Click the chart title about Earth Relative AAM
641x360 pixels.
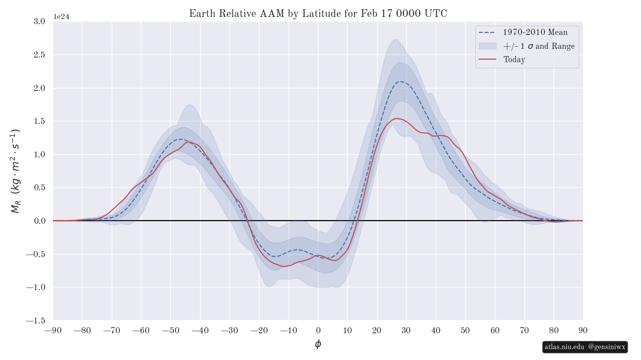[318, 14]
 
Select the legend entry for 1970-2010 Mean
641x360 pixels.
[535, 32]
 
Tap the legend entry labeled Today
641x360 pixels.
[514, 60]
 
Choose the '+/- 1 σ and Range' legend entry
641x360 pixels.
[539, 46]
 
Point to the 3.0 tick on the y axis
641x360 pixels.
[39, 22]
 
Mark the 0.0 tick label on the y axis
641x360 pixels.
[39, 221]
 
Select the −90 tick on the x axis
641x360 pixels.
[52, 330]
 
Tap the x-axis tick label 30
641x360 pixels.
[406, 330]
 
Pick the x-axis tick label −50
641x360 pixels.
[170, 330]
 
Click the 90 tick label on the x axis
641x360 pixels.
[583, 330]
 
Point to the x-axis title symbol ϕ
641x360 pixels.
[318, 344]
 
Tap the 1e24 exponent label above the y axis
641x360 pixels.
[61, 16]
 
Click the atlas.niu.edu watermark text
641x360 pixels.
[564, 347]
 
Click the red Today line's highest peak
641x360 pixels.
[396, 118]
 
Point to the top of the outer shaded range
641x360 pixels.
[395, 39]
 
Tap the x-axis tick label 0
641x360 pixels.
[318, 330]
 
